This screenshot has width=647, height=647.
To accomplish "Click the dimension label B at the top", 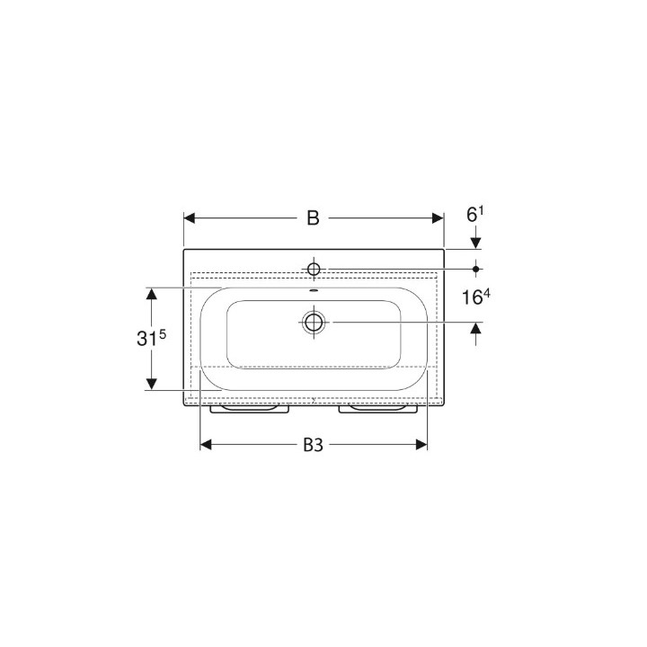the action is [314, 217].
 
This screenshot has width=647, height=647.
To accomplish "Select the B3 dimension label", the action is [314, 445].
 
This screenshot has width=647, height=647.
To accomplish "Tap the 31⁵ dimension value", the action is [151, 338].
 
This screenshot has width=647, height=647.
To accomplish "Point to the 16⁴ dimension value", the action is [475, 297].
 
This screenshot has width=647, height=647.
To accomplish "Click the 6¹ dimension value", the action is [475, 214].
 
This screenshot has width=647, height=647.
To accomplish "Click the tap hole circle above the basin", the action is [314, 269].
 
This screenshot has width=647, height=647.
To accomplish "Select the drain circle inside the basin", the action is [314, 322].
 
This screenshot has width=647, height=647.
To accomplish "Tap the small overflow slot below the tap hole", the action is [314, 290].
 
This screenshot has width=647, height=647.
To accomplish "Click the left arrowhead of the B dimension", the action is [189, 218].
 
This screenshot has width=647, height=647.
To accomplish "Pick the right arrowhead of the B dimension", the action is [438, 218].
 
